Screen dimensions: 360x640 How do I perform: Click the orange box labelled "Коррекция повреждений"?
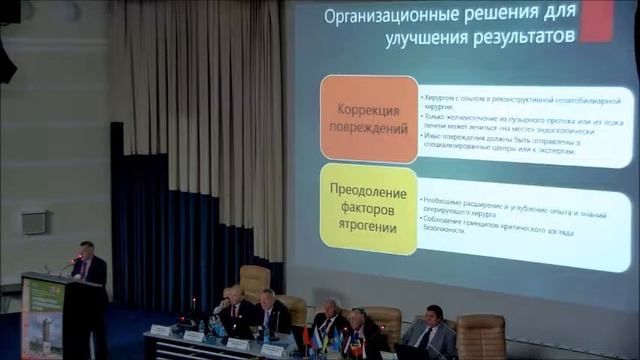368,119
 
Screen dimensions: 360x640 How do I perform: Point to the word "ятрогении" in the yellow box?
368,228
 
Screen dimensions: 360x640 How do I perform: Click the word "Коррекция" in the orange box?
368,109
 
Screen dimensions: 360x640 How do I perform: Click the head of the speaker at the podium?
87,249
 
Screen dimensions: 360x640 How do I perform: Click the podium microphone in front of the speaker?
73,262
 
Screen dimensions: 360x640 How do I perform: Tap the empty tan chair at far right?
481,335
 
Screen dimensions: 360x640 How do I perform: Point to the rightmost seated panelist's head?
434,314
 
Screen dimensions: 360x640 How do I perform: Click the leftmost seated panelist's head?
233,295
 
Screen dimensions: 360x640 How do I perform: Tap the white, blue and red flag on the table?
317,339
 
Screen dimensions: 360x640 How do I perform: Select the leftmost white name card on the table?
160,330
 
